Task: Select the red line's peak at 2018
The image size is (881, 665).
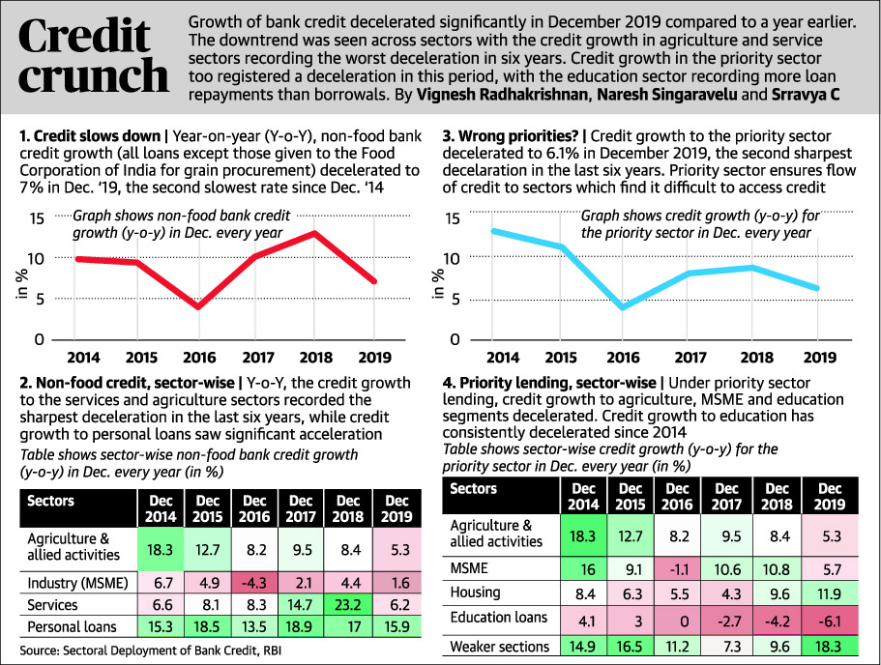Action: [314, 233]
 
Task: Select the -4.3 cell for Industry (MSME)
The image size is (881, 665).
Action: [254, 584]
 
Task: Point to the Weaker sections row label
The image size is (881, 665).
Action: [499, 645]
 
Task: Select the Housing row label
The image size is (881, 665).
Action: [477, 592]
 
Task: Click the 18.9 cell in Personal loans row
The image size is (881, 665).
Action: [302, 626]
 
